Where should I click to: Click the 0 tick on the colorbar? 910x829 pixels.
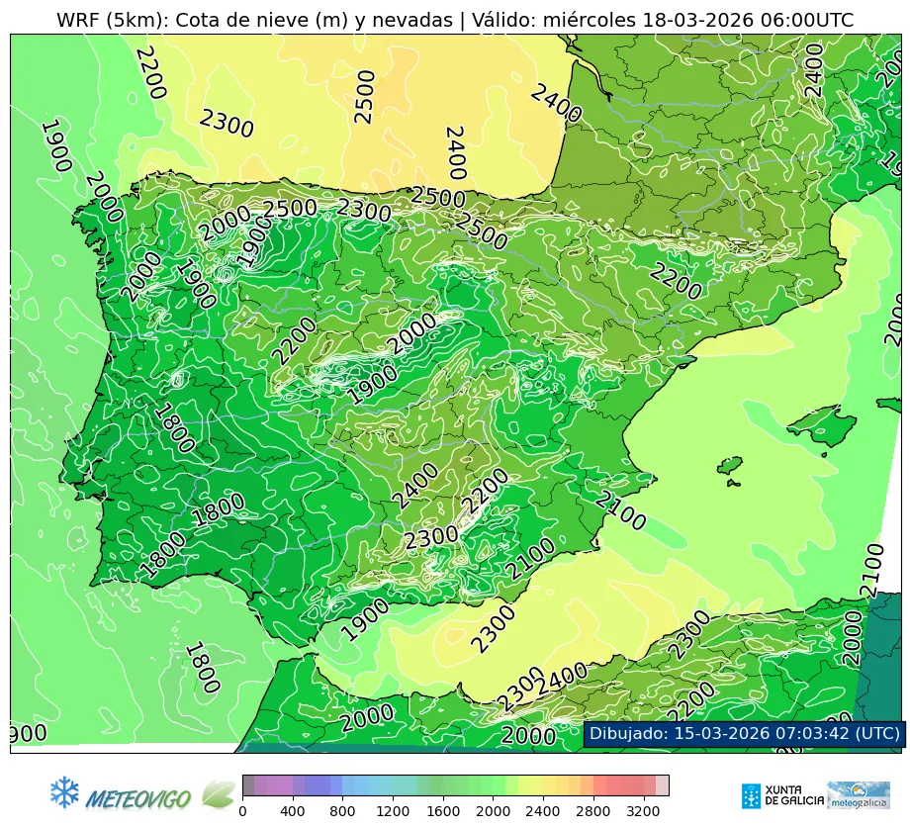[x=242, y=812]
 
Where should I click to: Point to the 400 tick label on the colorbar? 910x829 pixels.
[x=293, y=812]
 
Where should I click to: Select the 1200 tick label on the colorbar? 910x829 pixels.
[x=394, y=812]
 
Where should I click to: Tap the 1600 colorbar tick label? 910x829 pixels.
[x=444, y=812]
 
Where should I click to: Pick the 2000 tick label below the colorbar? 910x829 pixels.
[x=494, y=812]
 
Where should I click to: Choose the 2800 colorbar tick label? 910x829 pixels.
[x=594, y=812]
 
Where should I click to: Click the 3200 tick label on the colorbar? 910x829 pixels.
[x=644, y=812]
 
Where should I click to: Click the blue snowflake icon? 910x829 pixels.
[x=64, y=791]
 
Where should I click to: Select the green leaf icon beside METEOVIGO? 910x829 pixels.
[x=219, y=793]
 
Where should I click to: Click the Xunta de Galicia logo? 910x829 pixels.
[x=781, y=795]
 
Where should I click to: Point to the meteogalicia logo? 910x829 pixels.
[x=859, y=795]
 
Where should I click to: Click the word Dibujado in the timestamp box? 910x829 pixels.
[x=627, y=733]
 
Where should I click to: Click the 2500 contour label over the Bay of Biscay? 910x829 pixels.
[x=365, y=97]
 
